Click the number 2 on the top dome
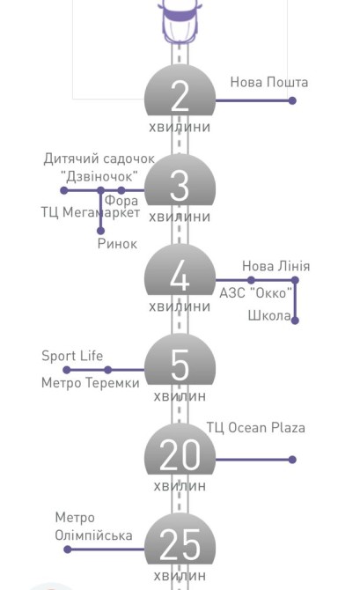click(180, 96)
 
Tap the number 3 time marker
click(180, 186)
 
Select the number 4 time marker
click(180, 276)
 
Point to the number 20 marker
click(180, 455)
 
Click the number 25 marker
click(180, 545)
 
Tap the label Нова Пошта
click(269, 82)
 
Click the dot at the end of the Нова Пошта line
click(292, 100)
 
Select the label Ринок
click(117, 244)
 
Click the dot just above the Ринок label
click(100, 231)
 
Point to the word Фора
click(121, 201)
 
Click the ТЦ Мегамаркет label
click(91, 212)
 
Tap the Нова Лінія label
click(276, 266)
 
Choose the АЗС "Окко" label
click(255, 292)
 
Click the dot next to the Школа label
click(295, 321)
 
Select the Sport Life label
click(72, 356)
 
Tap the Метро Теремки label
click(91, 383)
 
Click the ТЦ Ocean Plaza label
click(255, 428)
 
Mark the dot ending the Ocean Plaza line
click(292, 460)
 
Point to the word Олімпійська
click(93, 535)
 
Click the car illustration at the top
click(180, 21)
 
